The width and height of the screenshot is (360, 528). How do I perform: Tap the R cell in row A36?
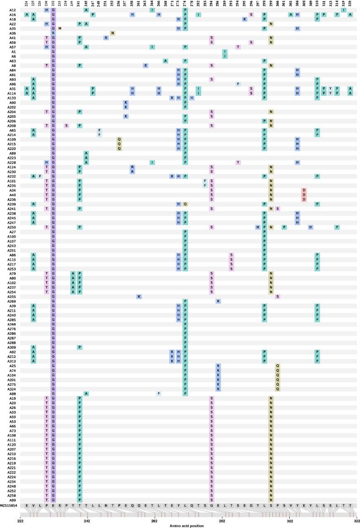pos(54,33)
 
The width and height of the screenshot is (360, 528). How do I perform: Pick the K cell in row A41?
pos(106,38)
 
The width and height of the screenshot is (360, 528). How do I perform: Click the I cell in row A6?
pos(225,56)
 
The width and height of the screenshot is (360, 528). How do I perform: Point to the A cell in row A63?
pos(165,61)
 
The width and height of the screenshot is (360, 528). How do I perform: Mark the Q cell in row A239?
pos(185,204)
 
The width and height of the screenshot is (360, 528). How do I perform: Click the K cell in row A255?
pos(139,297)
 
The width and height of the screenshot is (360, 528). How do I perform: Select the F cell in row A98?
pos(159,394)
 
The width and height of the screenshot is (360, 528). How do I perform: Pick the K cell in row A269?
pos(218,301)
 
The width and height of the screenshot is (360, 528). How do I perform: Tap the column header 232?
pos(54,4)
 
